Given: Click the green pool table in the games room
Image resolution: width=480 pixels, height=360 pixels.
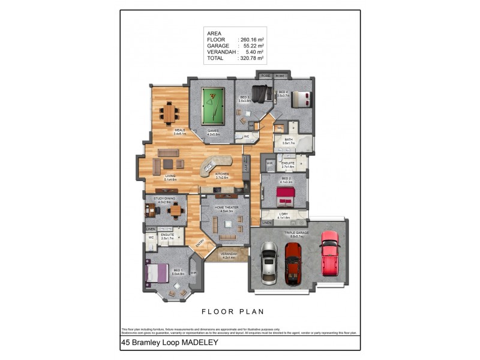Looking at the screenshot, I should tap(211, 105).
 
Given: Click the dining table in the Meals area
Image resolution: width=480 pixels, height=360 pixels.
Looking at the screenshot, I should tap(170, 112).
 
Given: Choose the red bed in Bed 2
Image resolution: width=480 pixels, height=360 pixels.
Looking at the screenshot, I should tap(284, 196).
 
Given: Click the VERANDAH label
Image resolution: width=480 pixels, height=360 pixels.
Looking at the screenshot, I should tap(229, 254).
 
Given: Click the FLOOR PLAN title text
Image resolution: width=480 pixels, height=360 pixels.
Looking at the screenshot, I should tap(233, 311).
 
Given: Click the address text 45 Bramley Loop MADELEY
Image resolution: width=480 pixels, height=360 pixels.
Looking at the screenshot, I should tap(169, 343).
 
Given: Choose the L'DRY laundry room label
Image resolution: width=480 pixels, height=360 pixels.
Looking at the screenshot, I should tap(284, 215).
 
